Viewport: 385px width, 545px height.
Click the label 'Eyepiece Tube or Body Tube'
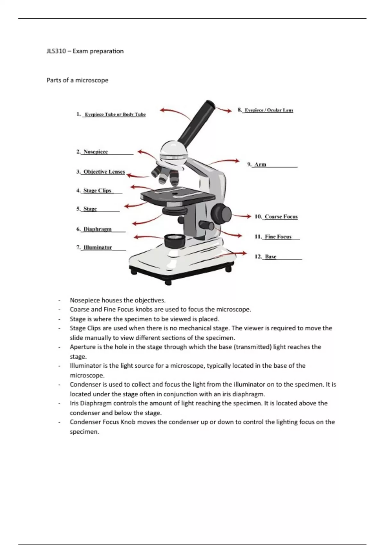click(115, 114)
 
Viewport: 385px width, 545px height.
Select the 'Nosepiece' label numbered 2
click(96, 152)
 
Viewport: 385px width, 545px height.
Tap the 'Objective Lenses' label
click(104, 172)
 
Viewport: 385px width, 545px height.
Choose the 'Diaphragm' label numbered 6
click(98, 229)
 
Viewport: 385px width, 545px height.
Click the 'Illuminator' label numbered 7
click(98, 247)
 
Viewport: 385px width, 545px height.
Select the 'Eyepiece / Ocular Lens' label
click(269, 110)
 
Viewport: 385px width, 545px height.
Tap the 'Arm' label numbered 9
click(260, 164)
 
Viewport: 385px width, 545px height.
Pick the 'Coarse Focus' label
click(281, 217)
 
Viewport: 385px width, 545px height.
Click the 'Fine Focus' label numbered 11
click(278, 237)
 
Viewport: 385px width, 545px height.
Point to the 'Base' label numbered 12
click(270, 256)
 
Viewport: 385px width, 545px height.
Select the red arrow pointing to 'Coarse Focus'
click(241, 216)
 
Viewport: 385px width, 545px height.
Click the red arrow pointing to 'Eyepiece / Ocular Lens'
click(224, 110)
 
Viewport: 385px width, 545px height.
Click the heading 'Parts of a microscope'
click(77, 80)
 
